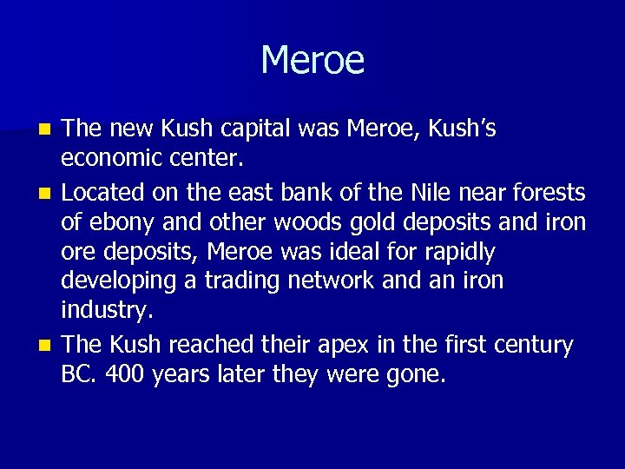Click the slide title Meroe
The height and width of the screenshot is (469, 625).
[312, 61]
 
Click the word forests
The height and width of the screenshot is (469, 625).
[551, 191]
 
